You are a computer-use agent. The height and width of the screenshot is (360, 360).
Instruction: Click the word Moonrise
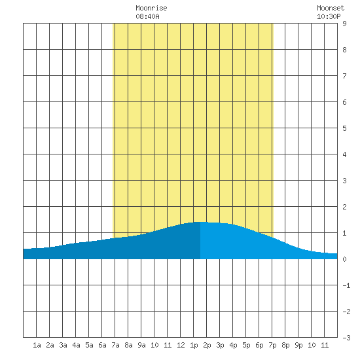point(151,8)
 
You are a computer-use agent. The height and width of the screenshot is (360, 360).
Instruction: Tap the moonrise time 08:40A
point(147,16)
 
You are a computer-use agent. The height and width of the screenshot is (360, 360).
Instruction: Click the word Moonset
point(331,8)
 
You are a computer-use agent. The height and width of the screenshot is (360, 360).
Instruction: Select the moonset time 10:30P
point(329,16)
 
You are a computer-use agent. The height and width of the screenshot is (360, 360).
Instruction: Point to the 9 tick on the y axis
point(344,24)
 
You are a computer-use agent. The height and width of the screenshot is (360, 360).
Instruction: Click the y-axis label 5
point(344,128)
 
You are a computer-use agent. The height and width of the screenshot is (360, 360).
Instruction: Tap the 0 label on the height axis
point(344,259)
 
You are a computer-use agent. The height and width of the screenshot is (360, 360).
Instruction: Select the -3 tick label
point(346,338)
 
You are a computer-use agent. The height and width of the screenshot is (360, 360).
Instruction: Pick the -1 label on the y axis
point(346,285)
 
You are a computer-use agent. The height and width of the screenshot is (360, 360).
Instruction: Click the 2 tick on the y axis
point(344,207)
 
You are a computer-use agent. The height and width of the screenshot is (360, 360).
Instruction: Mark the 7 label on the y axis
point(344,76)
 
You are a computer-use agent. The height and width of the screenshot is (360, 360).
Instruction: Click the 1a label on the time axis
point(37,345)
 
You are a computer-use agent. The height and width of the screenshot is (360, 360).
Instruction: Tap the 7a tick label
point(115,345)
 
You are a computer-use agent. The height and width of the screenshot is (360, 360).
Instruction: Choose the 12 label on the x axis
point(181,345)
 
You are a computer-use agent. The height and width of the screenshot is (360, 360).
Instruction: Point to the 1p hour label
point(194,345)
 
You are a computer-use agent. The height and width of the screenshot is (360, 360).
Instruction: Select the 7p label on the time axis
point(272,345)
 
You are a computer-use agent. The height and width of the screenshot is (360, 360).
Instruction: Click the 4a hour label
point(76,345)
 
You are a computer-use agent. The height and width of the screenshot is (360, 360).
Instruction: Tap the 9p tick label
point(298,345)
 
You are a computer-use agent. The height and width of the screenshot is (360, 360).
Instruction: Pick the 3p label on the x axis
point(220,345)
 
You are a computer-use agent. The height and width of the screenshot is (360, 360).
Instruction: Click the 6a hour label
point(102,345)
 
